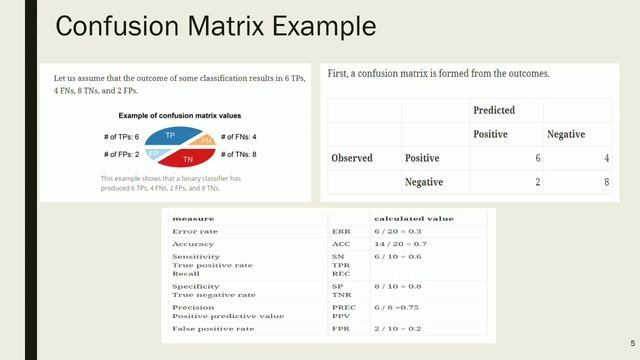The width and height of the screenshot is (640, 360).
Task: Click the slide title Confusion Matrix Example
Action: click(215, 26)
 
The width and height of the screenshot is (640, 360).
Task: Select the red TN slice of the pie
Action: click(188, 158)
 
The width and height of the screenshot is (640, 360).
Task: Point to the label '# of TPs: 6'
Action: click(124, 136)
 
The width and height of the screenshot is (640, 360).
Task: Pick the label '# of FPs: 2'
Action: click(124, 154)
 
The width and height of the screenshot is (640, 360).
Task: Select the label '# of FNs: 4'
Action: click(238, 136)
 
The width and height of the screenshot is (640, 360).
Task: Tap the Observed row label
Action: click(352, 158)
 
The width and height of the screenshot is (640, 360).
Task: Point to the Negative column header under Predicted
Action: click(566, 134)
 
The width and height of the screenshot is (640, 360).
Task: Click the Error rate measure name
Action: click(195, 231)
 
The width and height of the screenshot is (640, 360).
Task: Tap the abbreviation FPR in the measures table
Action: click(340, 329)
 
